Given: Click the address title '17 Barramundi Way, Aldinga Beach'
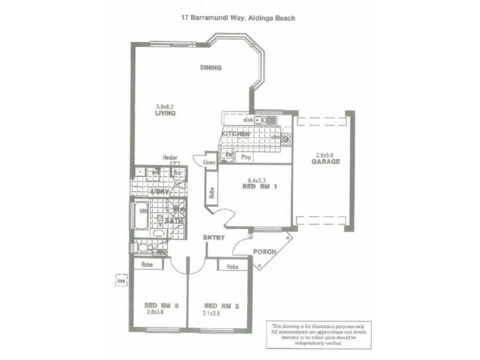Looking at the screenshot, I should (238, 18).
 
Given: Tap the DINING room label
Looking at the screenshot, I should (211, 68).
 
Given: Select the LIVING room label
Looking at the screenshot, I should (164, 113).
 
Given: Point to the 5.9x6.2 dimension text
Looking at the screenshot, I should (164, 106).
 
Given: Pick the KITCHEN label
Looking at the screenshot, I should (236, 134).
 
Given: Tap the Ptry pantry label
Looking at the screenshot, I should (245, 157).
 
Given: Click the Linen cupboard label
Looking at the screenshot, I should (209, 163).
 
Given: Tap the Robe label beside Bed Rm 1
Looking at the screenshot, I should (212, 193).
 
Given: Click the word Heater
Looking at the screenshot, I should (170, 158).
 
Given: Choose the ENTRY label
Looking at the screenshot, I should (214, 238).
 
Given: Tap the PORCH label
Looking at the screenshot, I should (263, 251).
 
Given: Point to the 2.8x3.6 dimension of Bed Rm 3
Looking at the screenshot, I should (155, 312).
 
